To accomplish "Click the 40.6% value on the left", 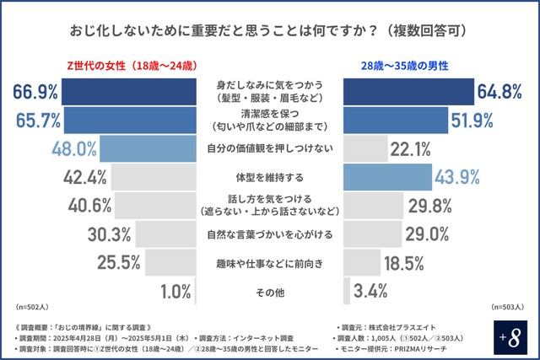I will [89, 206].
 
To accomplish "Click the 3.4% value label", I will [371, 292].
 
